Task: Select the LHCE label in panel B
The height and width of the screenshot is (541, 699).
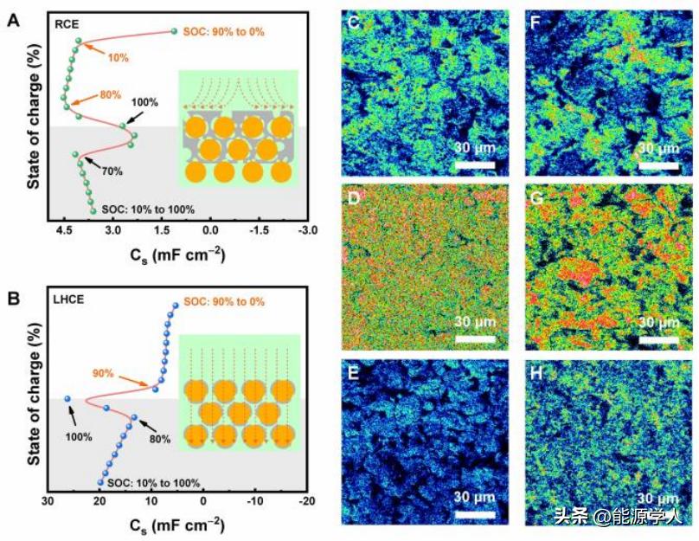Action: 71,301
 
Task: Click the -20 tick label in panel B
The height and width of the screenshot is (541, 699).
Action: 305,501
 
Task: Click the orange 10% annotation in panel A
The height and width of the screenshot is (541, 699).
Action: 119,57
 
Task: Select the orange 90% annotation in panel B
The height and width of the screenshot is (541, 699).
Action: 105,373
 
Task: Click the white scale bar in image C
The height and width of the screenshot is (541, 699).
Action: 474,164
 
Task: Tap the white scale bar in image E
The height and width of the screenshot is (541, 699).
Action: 474,514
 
